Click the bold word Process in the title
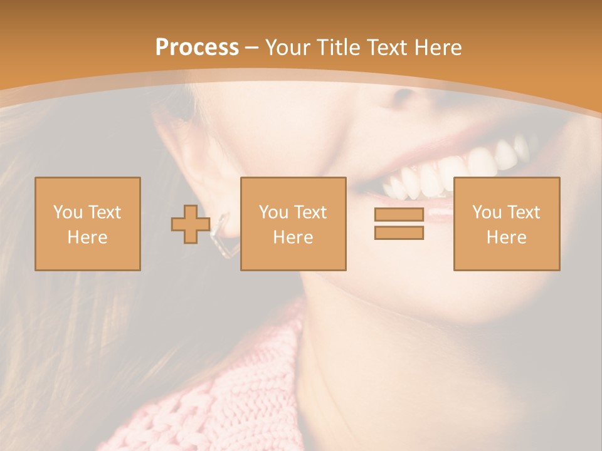(x=197, y=48)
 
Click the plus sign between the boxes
(x=191, y=224)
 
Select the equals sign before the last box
(x=399, y=224)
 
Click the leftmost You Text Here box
(x=88, y=224)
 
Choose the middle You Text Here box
(x=293, y=224)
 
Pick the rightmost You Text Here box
(x=506, y=224)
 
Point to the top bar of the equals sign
(x=399, y=215)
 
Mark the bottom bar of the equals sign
(x=399, y=233)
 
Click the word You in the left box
(x=68, y=212)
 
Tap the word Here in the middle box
(x=293, y=237)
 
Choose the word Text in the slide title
(x=389, y=48)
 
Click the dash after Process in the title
(x=252, y=48)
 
